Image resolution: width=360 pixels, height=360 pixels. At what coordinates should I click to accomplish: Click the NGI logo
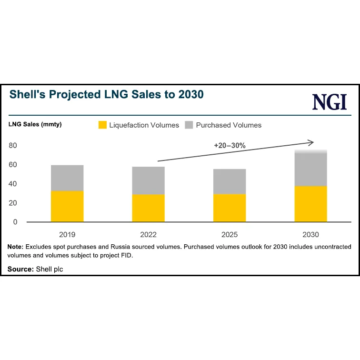point(330,102)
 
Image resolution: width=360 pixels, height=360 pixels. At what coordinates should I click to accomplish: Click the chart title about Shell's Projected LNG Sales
point(107,94)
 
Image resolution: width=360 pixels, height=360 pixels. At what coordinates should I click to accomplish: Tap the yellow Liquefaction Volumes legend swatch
point(102,125)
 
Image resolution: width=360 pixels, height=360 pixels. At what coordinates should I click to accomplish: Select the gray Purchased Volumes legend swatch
point(189,125)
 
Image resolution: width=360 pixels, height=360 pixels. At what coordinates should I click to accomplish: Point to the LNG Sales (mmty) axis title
point(35,125)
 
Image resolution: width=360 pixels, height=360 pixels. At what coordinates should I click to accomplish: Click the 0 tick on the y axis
point(15,222)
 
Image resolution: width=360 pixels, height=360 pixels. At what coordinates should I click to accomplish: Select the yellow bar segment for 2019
point(67,206)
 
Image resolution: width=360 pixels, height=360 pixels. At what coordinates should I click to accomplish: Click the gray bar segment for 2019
point(67,178)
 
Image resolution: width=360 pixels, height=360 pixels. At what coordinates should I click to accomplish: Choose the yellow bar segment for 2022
point(148,208)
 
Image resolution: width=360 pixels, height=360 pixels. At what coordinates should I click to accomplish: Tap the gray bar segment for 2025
point(230,181)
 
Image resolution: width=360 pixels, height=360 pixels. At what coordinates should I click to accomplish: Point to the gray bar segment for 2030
point(310,169)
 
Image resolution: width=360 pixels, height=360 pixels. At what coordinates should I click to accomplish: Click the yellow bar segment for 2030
point(310,204)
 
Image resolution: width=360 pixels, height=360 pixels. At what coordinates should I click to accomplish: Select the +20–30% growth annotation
point(230,146)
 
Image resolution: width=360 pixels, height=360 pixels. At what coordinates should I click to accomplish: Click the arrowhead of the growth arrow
point(311,142)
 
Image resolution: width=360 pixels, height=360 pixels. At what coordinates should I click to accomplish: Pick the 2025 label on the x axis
point(230,235)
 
